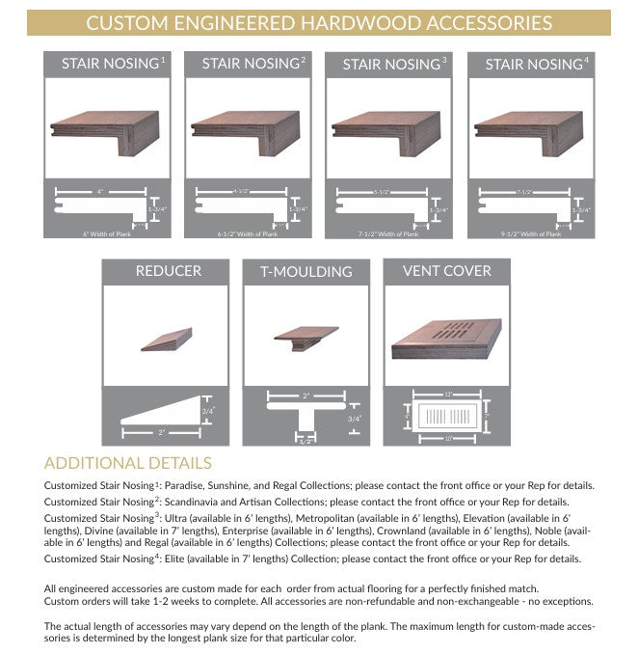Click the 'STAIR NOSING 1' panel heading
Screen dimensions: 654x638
click(x=113, y=64)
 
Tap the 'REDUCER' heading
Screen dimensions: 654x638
click(x=169, y=271)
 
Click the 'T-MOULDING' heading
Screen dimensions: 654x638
click(x=306, y=272)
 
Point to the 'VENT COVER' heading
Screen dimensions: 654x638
click(x=445, y=271)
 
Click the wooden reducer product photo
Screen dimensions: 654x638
click(x=168, y=340)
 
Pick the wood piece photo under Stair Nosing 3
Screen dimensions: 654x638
click(x=393, y=129)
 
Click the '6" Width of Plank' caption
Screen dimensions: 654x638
click(x=105, y=233)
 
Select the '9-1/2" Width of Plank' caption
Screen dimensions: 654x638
click(x=525, y=233)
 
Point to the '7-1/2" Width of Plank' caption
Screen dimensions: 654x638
click(x=385, y=233)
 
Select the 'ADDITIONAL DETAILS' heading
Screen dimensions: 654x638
click(x=128, y=464)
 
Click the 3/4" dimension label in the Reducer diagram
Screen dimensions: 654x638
click(x=206, y=411)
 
